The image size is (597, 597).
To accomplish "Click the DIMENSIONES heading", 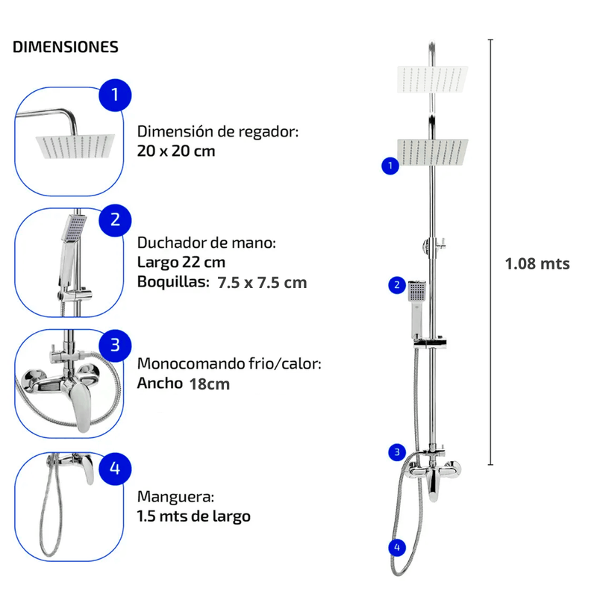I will (x=66, y=47).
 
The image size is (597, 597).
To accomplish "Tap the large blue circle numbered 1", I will (x=115, y=96).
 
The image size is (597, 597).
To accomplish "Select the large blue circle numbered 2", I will (x=115, y=219).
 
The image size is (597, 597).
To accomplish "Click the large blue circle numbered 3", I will (x=115, y=344).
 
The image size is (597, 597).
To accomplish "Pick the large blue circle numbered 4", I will (x=115, y=468).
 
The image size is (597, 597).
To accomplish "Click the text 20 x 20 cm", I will (x=176, y=150).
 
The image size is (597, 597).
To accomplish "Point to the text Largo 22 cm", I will (x=181, y=263).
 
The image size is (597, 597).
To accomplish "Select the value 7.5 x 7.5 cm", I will (x=262, y=283).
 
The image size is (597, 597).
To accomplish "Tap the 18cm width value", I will (x=209, y=384).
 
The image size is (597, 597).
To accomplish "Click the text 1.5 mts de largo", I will (x=194, y=516).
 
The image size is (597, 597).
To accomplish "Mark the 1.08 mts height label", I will (x=537, y=263).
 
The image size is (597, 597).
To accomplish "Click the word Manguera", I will (x=176, y=496).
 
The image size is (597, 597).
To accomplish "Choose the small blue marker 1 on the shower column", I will (x=388, y=166).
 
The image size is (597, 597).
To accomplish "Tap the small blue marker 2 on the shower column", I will (x=397, y=284).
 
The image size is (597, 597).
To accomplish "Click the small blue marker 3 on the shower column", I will (x=397, y=451).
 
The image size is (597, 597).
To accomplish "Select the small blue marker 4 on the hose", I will (x=397, y=548).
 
